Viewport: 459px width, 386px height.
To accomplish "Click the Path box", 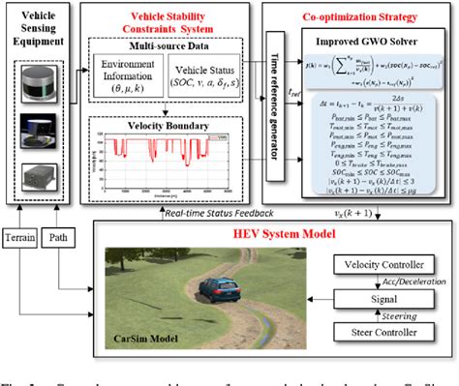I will coord(57,235).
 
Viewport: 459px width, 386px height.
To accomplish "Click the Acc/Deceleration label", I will coord(387,283).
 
